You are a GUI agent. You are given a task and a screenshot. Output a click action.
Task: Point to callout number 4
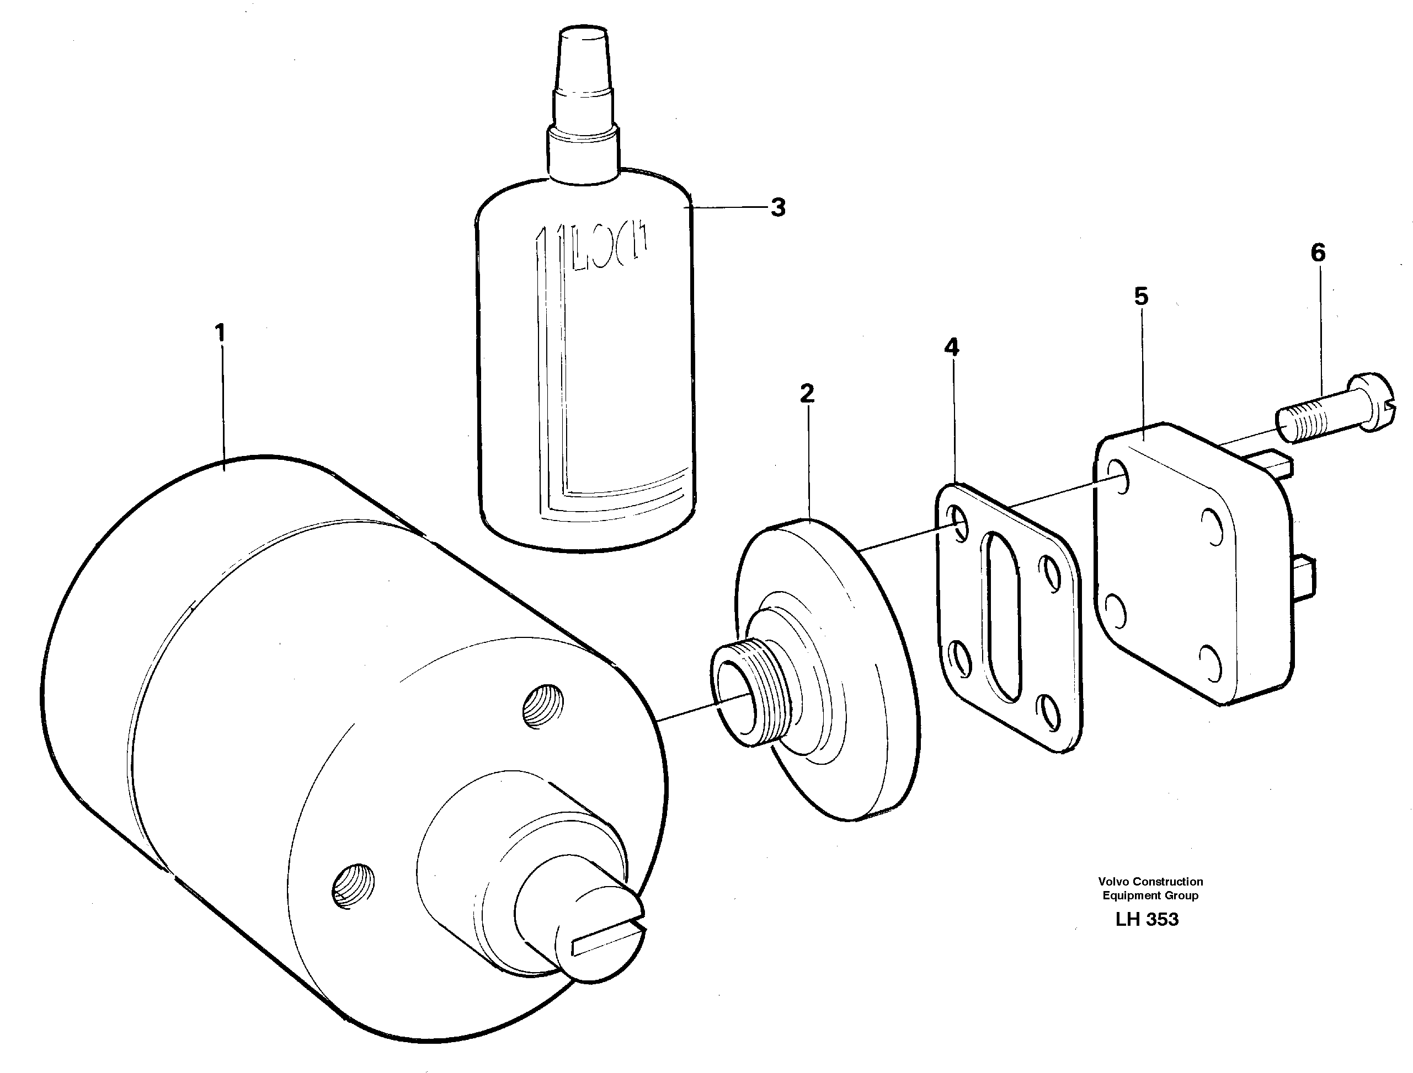tap(952, 347)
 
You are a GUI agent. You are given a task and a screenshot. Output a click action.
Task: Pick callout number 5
tap(1142, 296)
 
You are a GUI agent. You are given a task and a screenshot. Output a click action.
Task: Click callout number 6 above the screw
tap(1318, 253)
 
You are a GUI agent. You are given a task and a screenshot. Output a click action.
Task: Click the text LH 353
tap(1147, 919)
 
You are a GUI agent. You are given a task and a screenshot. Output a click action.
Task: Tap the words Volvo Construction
tap(1150, 881)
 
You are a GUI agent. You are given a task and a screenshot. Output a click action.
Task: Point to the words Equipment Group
tap(1150, 895)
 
